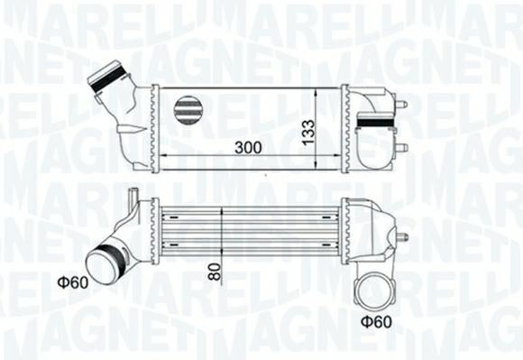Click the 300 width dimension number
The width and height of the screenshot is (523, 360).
pyautogui.click(x=248, y=147)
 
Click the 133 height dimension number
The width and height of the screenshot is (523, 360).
pyautogui.click(x=307, y=132)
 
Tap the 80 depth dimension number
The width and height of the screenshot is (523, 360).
pyautogui.click(x=215, y=272)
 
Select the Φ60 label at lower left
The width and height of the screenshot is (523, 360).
pyautogui.click(x=73, y=282)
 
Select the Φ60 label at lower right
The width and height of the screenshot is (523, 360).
pyautogui.click(x=376, y=322)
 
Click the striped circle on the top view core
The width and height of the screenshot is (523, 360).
pyautogui.click(x=188, y=110)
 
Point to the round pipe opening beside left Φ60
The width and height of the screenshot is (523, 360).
pyautogui.click(x=99, y=266)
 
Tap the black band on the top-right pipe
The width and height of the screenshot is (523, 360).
pyautogui.click(x=376, y=123)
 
